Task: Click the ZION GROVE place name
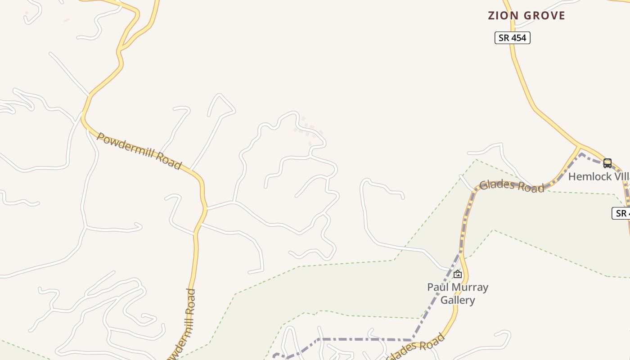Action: (x=526, y=16)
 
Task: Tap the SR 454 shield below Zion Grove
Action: (x=513, y=38)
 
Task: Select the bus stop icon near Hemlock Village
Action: (x=607, y=163)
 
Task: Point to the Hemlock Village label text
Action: (x=598, y=176)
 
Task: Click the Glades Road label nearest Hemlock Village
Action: (x=512, y=186)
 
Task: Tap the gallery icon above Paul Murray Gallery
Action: (x=458, y=274)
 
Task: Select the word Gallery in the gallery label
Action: (x=458, y=300)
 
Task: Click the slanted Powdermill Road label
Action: (x=139, y=151)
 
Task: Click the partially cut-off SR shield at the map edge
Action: (x=621, y=213)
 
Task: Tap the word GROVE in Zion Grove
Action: (x=544, y=16)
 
